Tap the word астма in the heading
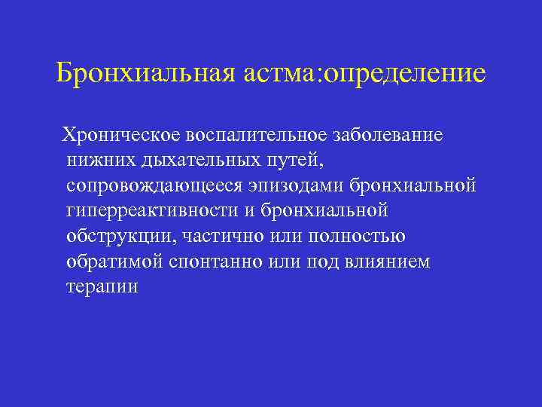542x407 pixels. [x=281, y=74]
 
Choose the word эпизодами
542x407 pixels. [x=297, y=185]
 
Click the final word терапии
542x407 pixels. [x=102, y=287]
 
